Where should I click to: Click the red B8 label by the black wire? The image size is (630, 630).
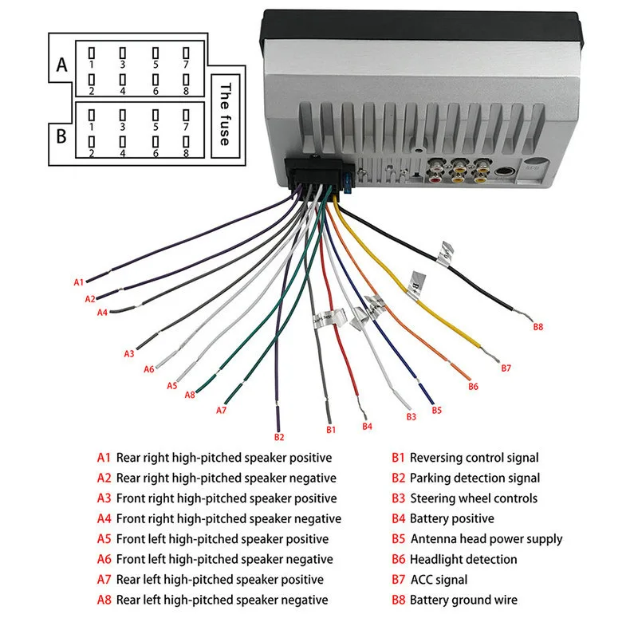coord(537,326)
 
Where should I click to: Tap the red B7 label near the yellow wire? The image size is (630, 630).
coord(506,368)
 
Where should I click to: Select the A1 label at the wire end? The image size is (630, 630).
coord(78,282)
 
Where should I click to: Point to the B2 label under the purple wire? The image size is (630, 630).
coord(278,437)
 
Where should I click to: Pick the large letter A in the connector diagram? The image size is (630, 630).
coord(61,66)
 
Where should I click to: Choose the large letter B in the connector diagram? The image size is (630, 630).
coord(61,135)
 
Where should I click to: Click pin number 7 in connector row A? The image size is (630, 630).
coord(185,64)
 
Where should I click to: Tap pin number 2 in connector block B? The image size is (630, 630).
coord(92,152)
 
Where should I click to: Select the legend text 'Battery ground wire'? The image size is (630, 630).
coord(463,600)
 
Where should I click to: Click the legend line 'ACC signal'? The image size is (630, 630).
coord(439,580)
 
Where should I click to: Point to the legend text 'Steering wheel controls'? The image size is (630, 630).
coord(474,498)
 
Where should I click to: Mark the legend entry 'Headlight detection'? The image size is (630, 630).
coord(463,560)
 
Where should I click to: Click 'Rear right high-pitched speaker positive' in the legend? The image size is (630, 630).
coord(224,458)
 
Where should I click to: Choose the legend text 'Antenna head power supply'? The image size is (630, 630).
coord(486,539)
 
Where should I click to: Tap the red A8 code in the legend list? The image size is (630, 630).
coord(104,600)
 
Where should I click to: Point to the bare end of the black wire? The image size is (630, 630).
coord(523,316)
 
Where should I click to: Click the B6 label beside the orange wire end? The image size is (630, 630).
coord(473,387)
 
